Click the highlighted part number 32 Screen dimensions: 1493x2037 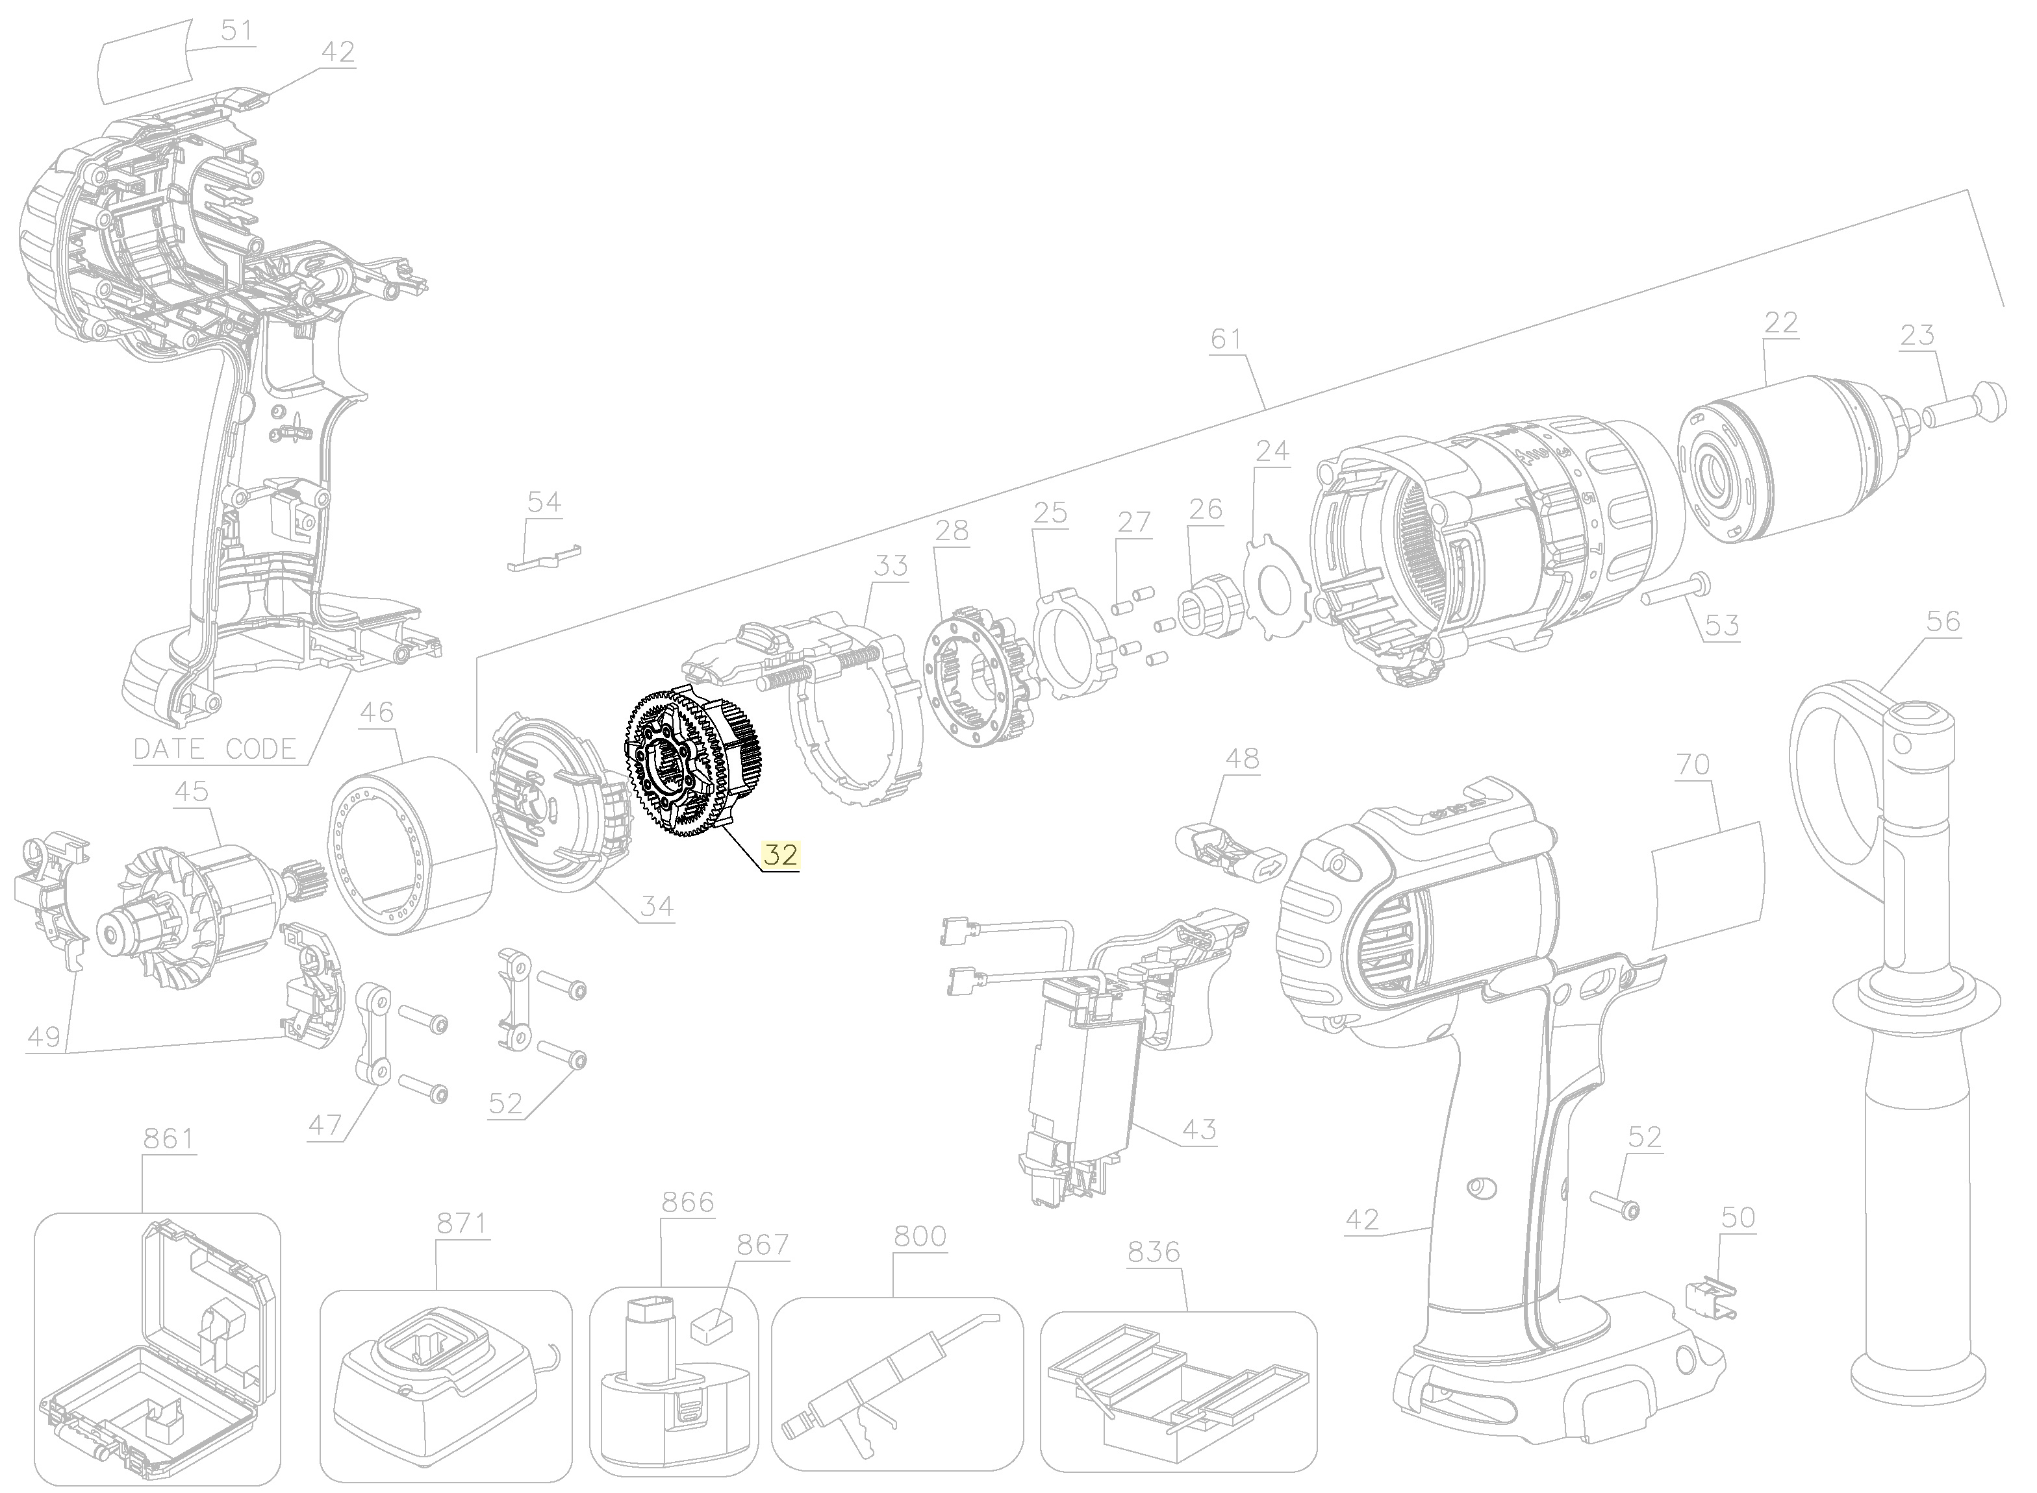(780, 854)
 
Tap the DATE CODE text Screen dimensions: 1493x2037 (215, 749)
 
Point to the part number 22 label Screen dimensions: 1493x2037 (1780, 323)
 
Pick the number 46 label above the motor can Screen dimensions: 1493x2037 (376, 713)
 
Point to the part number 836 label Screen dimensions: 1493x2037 (1154, 1252)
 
